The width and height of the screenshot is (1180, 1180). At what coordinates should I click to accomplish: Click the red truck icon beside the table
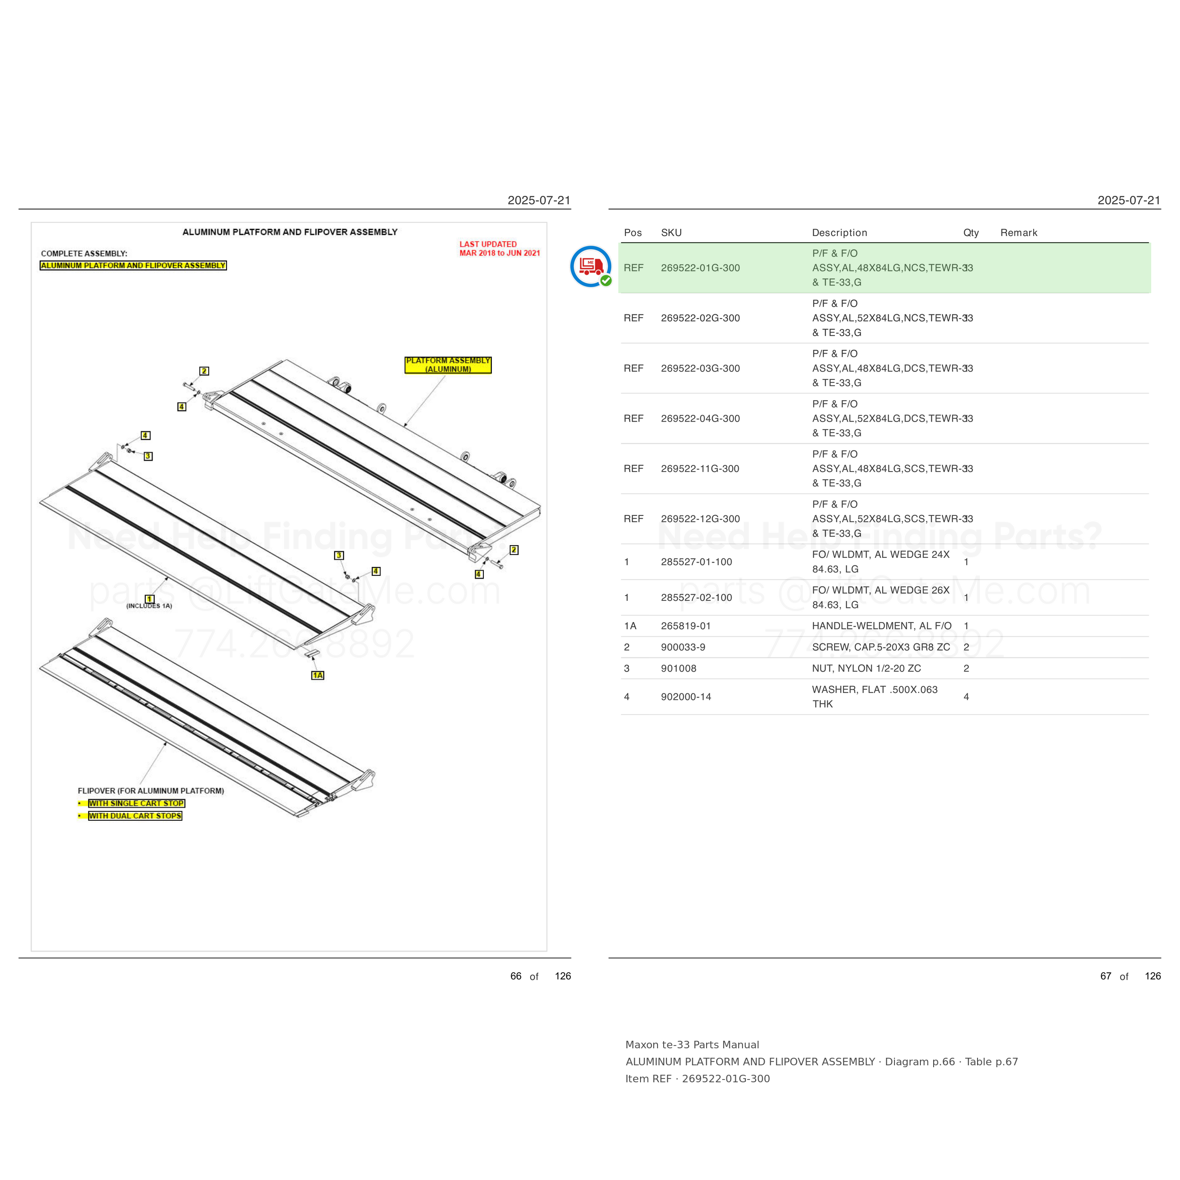click(x=590, y=266)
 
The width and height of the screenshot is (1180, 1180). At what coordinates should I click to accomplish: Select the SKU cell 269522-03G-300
click(x=700, y=368)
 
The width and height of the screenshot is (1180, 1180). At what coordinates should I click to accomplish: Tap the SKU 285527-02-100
click(x=696, y=598)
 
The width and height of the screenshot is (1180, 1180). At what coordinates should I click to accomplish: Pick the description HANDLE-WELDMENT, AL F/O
click(x=881, y=625)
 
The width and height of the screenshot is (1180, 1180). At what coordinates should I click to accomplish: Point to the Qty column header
click(x=970, y=233)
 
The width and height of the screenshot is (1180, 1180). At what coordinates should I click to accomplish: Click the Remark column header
click(x=1018, y=233)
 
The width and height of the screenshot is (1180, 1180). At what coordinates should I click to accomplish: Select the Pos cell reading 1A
click(x=630, y=625)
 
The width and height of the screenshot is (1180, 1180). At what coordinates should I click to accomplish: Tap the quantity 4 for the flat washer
click(x=966, y=696)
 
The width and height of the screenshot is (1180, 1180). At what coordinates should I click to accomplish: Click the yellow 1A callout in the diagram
click(x=318, y=675)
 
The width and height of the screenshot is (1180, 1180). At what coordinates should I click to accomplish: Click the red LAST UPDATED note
click(x=499, y=249)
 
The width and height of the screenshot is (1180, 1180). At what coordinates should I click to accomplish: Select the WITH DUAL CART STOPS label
click(x=135, y=815)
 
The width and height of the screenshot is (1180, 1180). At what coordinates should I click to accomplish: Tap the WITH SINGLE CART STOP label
click(x=136, y=803)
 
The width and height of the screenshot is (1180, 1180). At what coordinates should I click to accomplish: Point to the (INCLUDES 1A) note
click(x=149, y=606)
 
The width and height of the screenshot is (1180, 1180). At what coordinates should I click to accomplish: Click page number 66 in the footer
click(x=515, y=976)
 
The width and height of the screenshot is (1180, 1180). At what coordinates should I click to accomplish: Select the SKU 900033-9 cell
click(x=683, y=647)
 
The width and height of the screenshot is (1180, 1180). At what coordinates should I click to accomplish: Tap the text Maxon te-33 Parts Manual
click(x=692, y=1045)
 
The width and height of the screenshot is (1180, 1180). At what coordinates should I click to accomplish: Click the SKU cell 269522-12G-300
click(x=700, y=519)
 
